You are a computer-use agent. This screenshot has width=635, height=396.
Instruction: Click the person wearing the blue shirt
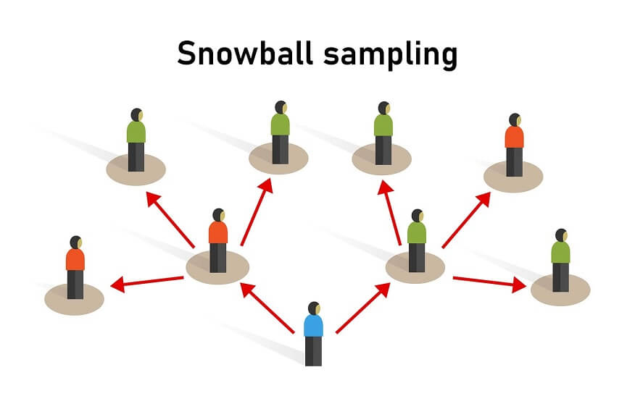(x=314, y=334)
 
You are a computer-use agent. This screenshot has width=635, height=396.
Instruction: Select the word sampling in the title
(x=391, y=54)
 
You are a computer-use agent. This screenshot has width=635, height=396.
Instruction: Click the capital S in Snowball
(x=186, y=53)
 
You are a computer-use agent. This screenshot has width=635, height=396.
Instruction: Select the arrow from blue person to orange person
(x=267, y=308)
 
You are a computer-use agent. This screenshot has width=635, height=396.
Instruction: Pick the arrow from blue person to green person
(x=363, y=308)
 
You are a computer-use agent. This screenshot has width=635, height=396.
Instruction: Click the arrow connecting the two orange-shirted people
(x=146, y=282)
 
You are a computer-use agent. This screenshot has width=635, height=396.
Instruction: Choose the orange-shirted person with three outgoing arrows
(x=218, y=240)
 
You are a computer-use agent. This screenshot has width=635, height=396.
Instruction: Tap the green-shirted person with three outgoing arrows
(x=417, y=240)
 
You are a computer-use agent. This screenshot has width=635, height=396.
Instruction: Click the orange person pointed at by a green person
(x=515, y=145)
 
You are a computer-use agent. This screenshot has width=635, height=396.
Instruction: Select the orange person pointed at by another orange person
(x=75, y=267)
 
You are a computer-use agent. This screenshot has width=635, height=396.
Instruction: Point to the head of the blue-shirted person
(x=315, y=308)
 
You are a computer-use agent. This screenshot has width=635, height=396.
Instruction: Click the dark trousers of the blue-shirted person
(x=313, y=351)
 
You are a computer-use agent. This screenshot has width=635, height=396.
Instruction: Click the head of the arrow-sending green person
(x=418, y=216)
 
